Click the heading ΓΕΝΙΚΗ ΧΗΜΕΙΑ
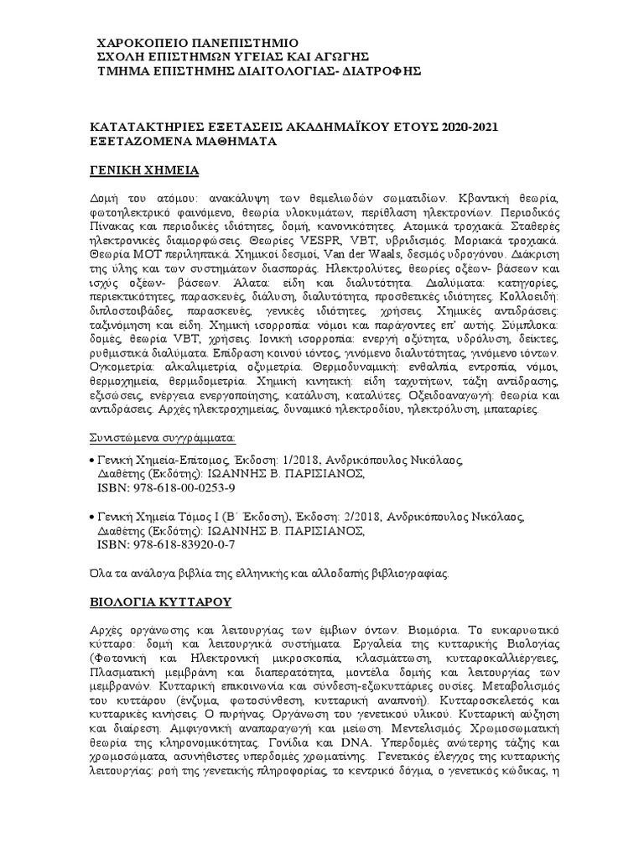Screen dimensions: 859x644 point(143,170)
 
